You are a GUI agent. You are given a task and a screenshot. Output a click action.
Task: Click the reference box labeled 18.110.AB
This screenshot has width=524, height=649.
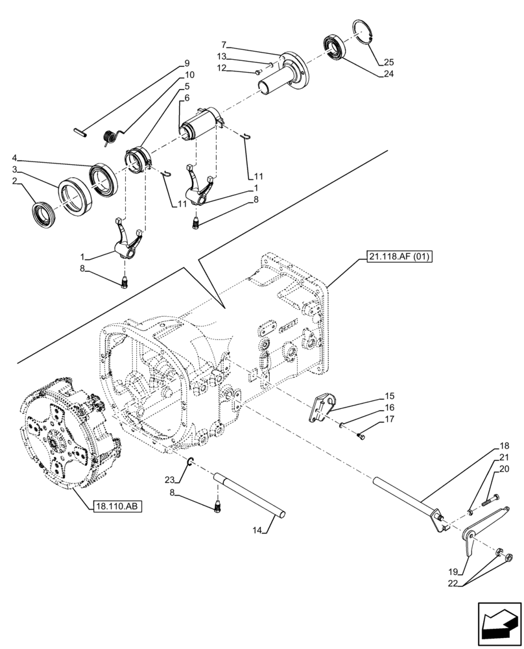tap(117, 506)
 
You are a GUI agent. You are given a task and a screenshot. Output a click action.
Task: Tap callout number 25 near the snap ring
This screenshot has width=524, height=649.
tap(388, 62)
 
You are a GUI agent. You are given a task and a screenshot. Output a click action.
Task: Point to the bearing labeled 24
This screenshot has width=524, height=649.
tap(335, 49)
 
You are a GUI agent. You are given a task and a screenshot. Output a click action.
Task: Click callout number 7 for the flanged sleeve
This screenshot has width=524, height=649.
tap(224, 45)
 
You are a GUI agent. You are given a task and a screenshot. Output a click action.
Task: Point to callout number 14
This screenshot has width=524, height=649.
tap(258, 530)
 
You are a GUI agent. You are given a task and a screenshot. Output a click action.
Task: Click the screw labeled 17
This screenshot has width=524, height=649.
tap(362, 436)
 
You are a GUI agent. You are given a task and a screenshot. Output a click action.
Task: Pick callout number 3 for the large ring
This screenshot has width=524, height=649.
tap(16, 170)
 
